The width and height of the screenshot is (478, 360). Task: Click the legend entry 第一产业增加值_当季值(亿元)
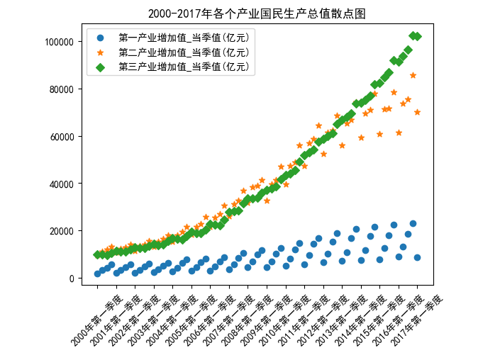184,38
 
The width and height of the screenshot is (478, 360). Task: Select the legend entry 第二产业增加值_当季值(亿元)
184,52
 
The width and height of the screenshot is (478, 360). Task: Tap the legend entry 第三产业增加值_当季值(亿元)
184,67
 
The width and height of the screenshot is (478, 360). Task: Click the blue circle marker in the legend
99,38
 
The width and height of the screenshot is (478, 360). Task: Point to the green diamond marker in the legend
99,67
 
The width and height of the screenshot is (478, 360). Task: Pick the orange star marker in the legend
99,52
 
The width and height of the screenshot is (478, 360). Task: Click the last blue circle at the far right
417,258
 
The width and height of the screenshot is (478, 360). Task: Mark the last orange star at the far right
417,112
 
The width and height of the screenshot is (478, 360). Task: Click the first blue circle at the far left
97,274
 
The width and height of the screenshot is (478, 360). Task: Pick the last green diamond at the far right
417,36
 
